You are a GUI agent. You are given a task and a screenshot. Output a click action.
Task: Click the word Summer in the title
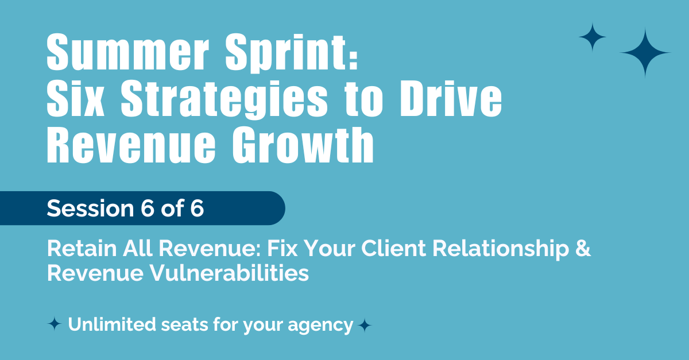coord(128,52)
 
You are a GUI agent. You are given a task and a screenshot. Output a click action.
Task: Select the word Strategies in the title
coord(224,99)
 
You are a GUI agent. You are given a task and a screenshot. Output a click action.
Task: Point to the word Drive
coord(451,99)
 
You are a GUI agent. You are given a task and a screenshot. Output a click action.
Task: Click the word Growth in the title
coord(303,145)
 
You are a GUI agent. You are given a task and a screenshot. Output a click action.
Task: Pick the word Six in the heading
coord(76,99)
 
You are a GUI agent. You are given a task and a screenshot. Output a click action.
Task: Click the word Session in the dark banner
coord(91,208)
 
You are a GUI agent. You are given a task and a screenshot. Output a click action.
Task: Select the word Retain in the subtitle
coord(82,248)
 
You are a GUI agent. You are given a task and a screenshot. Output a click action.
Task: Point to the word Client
coord(394,248)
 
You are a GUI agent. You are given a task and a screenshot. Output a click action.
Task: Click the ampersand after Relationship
coord(583,248)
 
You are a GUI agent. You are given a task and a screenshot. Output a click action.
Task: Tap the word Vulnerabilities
coord(229,273)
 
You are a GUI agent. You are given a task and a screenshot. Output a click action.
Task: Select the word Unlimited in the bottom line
coord(112,324)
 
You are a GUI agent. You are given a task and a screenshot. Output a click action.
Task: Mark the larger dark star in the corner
coord(645,53)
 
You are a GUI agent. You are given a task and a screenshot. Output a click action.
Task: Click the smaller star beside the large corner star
coord(593,37)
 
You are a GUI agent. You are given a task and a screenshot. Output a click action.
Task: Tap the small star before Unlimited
coord(55,324)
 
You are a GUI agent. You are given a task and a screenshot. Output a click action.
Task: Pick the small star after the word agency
coord(365,326)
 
